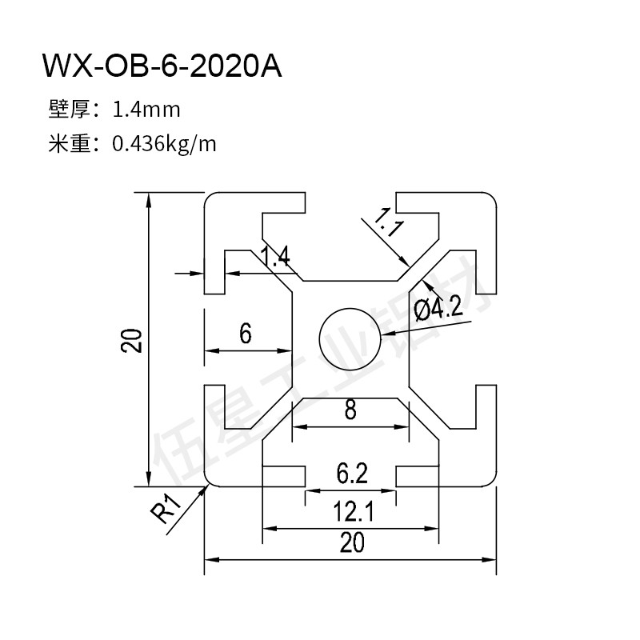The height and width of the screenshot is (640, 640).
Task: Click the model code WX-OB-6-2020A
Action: pyautogui.click(x=162, y=66)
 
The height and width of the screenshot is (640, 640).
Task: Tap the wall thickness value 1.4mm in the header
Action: pyautogui.click(x=146, y=108)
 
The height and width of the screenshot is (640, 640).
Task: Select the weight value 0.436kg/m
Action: pyautogui.click(x=164, y=144)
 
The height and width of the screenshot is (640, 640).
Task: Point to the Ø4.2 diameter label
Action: pyautogui.click(x=439, y=306)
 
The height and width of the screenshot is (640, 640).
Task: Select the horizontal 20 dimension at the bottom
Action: pyautogui.click(x=350, y=542)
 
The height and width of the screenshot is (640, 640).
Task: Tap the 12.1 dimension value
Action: pyautogui.click(x=350, y=510)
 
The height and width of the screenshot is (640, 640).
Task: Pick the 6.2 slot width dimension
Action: pyautogui.click(x=350, y=474)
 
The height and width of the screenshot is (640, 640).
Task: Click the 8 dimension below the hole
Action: pyautogui.click(x=350, y=411)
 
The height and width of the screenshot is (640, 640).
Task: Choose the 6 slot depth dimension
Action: pyautogui.click(x=246, y=333)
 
